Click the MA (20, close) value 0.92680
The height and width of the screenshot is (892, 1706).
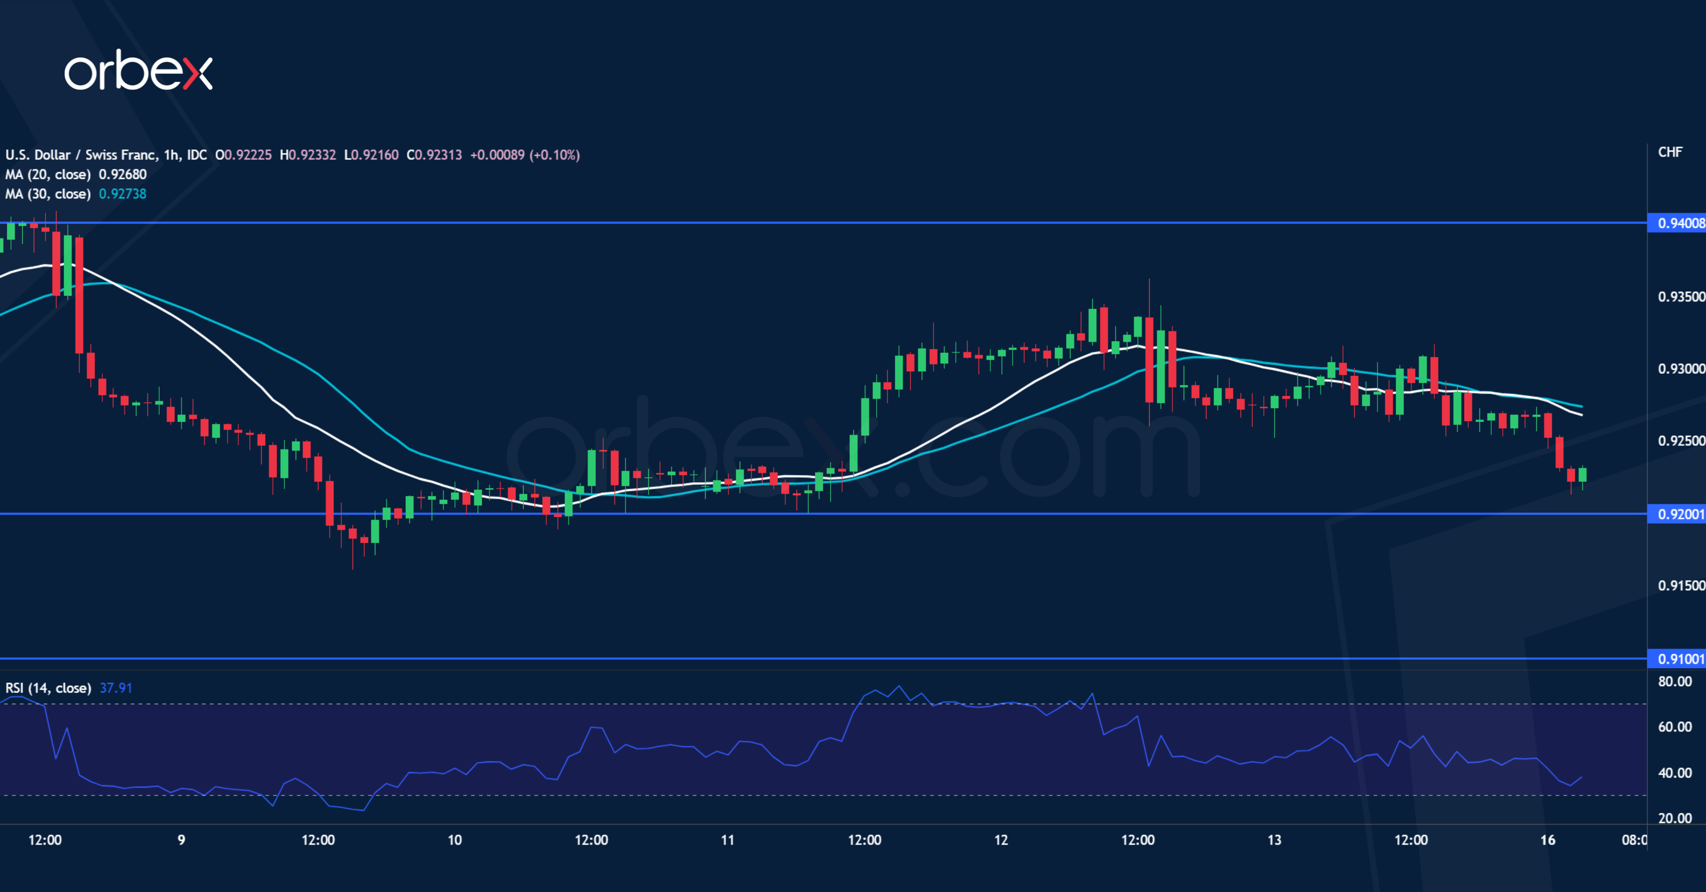(x=122, y=174)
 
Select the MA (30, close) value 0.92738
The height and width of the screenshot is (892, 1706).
(x=122, y=194)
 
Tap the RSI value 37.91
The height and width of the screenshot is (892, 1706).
(x=116, y=688)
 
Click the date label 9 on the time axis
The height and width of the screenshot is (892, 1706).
(x=182, y=840)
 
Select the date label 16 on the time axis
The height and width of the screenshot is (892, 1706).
(x=1548, y=840)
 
